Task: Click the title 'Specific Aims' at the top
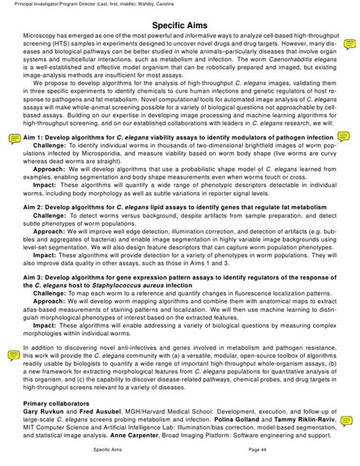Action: click(x=179, y=25)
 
